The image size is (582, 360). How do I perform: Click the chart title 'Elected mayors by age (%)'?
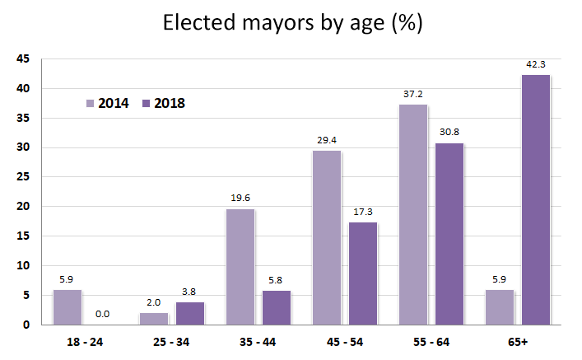point(292,23)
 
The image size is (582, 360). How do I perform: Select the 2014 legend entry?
point(107,103)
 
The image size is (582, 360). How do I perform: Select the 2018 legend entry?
point(164,103)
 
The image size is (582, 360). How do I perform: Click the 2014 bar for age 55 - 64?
point(413,214)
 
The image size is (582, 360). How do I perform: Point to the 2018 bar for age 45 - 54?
point(363,273)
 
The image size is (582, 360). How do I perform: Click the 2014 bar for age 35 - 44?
point(240,266)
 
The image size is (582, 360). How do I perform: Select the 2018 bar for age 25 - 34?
point(189,313)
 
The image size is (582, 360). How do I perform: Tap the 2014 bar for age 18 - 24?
point(68,306)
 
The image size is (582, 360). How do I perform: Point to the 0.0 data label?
point(103,314)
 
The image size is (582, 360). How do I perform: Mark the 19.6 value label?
point(240,198)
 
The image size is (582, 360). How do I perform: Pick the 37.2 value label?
point(413,94)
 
